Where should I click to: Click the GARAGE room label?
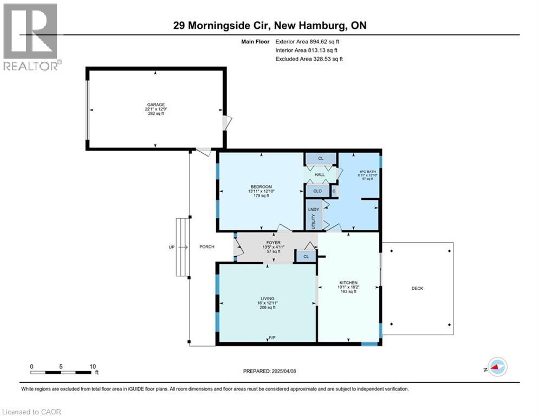tap(155, 105)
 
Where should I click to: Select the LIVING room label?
tap(267, 298)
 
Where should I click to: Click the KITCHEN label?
tap(348, 283)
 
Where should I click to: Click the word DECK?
tap(417, 288)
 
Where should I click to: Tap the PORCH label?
tap(207, 246)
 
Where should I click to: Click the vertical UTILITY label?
tap(313, 222)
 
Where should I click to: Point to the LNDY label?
tap(313, 209)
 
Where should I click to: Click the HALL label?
tap(320, 174)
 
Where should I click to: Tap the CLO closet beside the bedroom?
tap(317, 191)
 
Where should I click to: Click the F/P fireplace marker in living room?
tap(272, 338)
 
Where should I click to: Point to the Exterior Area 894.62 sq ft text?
tap(308, 41)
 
